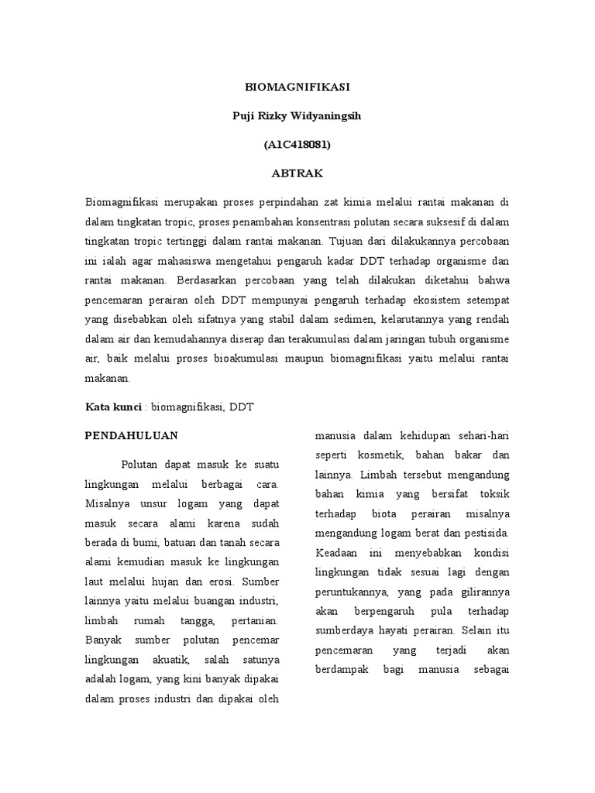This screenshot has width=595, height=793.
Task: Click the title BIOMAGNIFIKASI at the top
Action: [x=297, y=88]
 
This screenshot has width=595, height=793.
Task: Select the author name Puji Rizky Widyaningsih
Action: [x=297, y=116]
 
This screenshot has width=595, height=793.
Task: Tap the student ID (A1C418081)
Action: [x=297, y=145]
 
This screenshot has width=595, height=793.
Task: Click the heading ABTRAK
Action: [x=297, y=173]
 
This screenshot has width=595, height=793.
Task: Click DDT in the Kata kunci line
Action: [x=242, y=407]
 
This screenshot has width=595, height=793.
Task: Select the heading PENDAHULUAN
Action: [x=131, y=435]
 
